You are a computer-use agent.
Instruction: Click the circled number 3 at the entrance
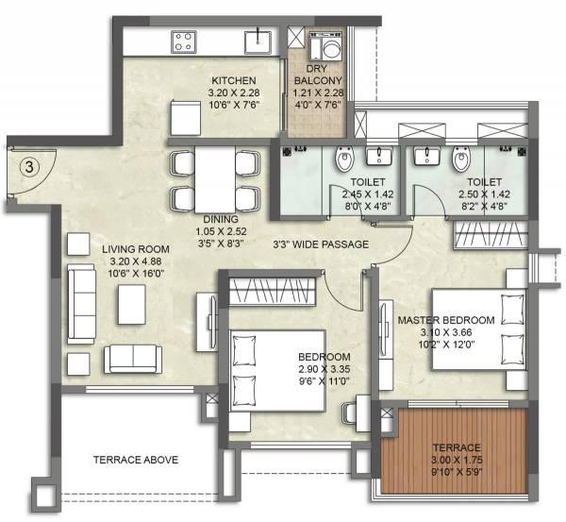coord(30,167)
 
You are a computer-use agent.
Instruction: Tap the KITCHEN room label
coord(233,79)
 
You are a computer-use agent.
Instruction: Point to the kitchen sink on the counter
coord(255,41)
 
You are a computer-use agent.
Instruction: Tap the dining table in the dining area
coord(214,179)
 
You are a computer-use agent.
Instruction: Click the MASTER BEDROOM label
coord(446,320)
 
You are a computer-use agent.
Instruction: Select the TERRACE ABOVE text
coord(137,460)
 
